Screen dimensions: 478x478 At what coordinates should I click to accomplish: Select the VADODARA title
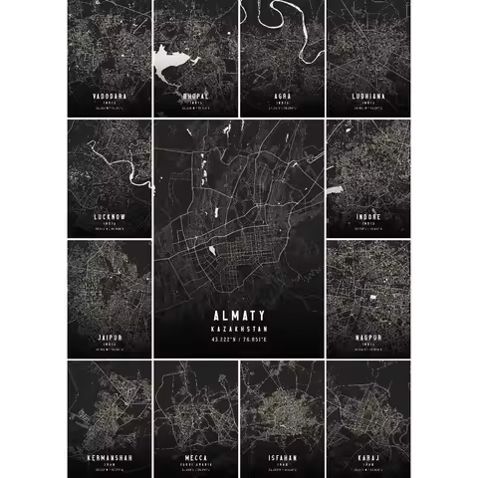pyautogui.click(x=109, y=96)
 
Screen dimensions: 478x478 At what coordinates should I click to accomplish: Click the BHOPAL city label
pyautogui.click(x=195, y=96)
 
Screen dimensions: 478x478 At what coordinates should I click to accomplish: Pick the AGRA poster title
pyautogui.click(x=283, y=96)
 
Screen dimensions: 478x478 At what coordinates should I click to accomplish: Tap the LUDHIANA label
pyautogui.click(x=368, y=96)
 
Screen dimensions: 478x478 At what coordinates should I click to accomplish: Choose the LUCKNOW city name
pyautogui.click(x=109, y=216)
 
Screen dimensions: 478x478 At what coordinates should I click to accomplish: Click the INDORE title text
pyautogui.click(x=368, y=216)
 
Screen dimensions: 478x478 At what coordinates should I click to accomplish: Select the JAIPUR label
pyautogui.click(x=109, y=338)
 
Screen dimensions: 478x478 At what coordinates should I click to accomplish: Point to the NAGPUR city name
pyautogui.click(x=368, y=338)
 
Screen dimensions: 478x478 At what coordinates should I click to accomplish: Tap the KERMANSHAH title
pyautogui.click(x=109, y=457)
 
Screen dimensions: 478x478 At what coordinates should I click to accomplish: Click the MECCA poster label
pyautogui.click(x=195, y=457)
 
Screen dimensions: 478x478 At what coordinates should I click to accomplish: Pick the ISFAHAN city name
pyautogui.click(x=283, y=457)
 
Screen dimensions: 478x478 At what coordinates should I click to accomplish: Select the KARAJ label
pyautogui.click(x=368, y=457)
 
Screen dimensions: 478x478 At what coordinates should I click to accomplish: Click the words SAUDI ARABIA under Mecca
pyautogui.click(x=195, y=465)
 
